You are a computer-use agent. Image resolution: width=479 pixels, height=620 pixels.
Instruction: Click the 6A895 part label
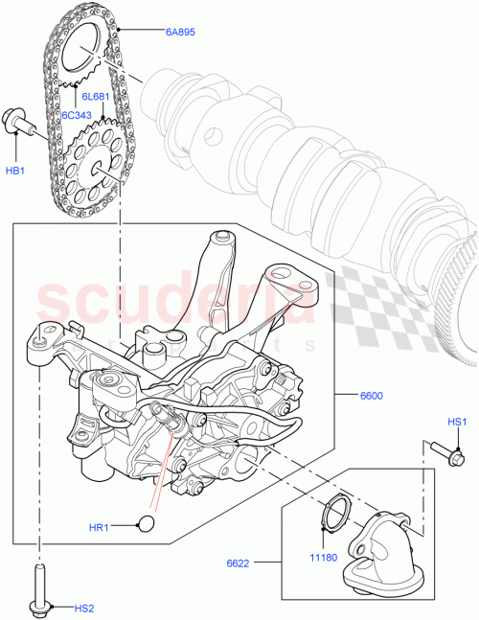pos(179,32)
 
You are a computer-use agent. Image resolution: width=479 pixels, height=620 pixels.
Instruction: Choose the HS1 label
pos(457,422)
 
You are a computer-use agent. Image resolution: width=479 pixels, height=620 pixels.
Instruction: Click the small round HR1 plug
pos(147,522)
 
